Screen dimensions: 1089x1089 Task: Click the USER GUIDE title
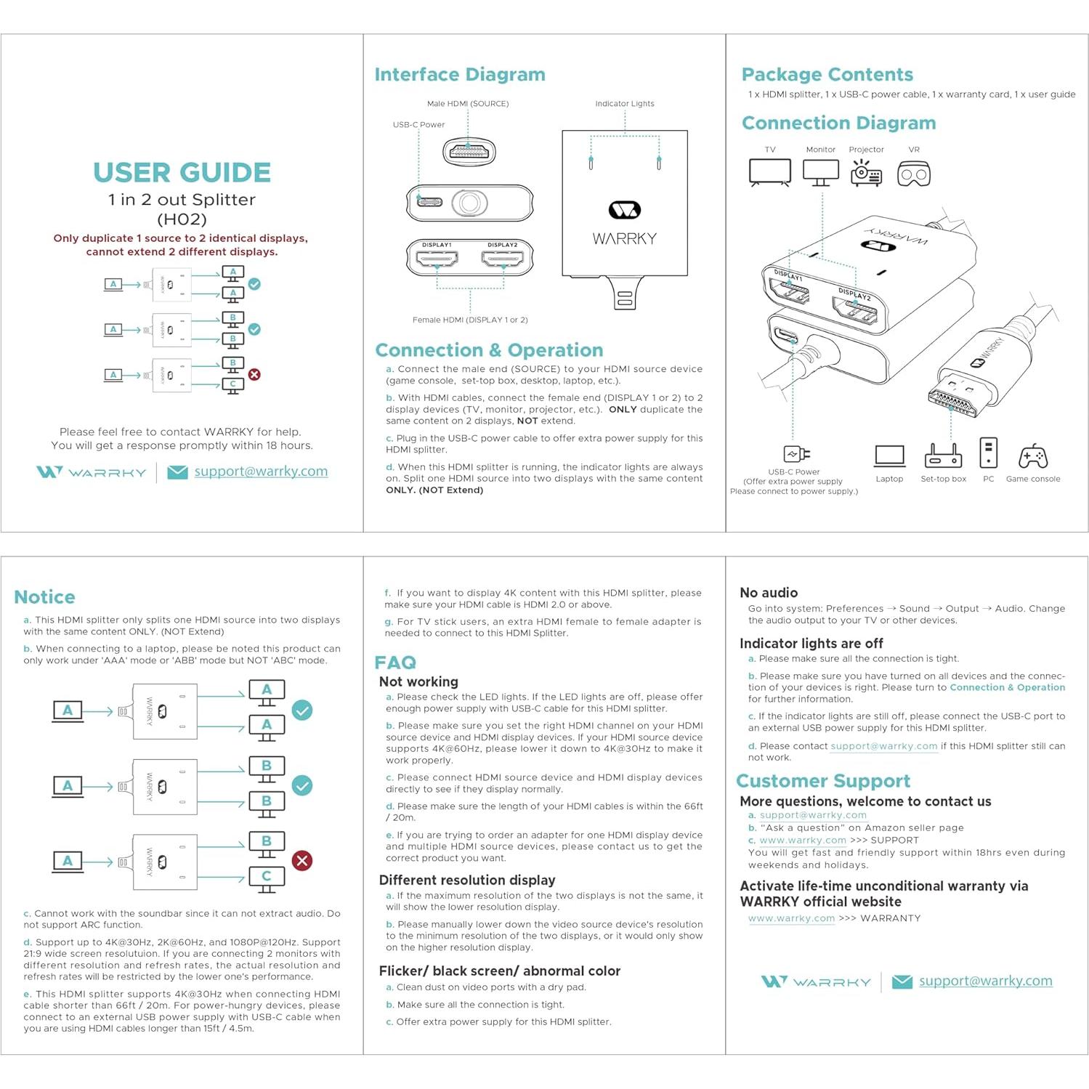click(x=182, y=173)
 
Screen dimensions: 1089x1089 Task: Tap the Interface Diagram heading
click(x=460, y=75)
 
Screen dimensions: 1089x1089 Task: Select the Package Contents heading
click(x=827, y=75)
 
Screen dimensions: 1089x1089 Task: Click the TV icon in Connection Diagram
click(x=769, y=173)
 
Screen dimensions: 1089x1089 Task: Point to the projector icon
click(x=866, y=174)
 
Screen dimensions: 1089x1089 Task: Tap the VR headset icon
click(x=913, y=174)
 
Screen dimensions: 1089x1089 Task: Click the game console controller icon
click(x=1032, y=457)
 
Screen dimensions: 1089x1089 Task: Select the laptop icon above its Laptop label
click(x=889, y=456)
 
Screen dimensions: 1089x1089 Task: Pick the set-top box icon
click(x=943, y=456)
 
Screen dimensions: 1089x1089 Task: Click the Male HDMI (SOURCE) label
click(x=468, y=104)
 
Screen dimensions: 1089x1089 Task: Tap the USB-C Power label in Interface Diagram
click(x=418, y=125)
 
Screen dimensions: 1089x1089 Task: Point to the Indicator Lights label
click(x=625, y=104)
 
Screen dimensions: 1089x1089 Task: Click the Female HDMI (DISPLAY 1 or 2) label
click(x=470, y=320)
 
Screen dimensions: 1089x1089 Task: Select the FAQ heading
click(x=395, y=663)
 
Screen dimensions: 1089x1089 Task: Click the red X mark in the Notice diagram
click(x=302, y=861)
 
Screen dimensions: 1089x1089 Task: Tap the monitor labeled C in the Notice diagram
click(x=267, y=878)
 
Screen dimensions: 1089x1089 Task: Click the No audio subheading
click(x=769, y=593)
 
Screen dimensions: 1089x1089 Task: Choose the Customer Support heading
click(x=822, y=781)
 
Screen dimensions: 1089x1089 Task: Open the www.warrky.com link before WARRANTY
click(x=791, y=918)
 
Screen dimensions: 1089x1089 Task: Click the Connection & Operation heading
click(x=489, y=350)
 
